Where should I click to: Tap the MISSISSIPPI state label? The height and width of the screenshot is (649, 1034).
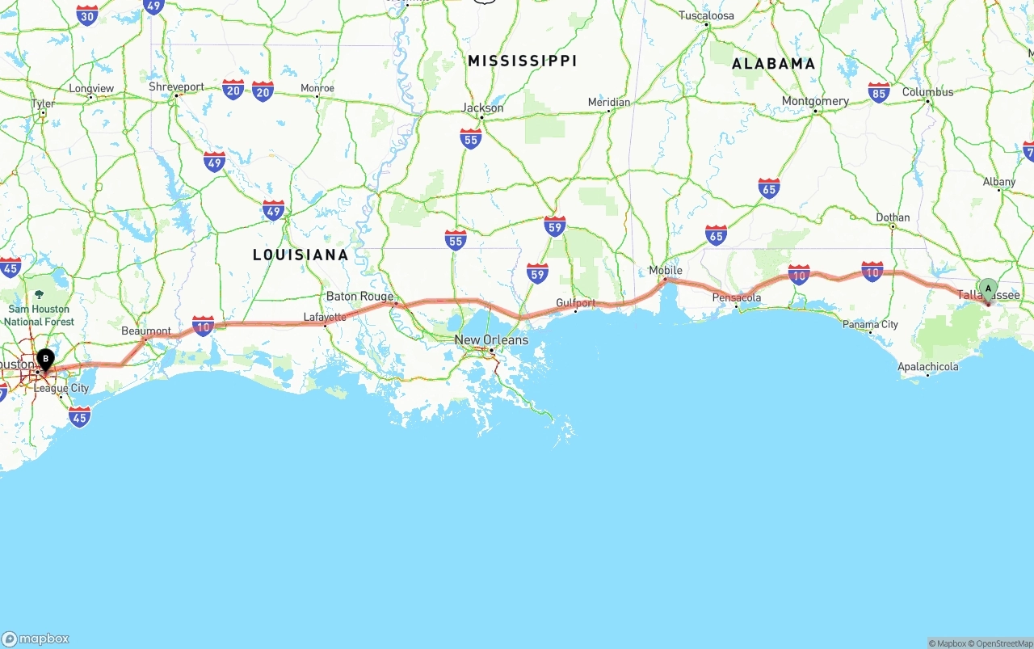click(523, 61)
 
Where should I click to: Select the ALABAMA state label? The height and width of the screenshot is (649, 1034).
click(773, 64)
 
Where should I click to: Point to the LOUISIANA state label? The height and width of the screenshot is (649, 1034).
click(301, 255)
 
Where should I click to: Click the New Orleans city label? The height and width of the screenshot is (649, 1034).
click(491, 339)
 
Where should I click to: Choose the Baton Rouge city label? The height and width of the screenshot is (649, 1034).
click(359, 297)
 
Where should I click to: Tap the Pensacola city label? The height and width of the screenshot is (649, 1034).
click(736, 297)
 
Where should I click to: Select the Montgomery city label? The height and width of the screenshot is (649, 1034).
click(815, 101)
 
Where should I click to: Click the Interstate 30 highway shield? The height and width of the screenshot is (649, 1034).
click(87, 14)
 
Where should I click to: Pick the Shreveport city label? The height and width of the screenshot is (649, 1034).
click(176, 86)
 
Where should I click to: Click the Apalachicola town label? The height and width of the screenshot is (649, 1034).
click(928, 367)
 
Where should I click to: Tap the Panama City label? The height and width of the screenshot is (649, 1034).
click(870, 324)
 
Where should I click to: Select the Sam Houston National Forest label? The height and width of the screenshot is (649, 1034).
click(39, 315)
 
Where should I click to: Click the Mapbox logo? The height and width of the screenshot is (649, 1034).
click(36, 638)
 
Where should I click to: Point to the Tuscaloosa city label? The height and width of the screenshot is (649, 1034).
click(706, 15)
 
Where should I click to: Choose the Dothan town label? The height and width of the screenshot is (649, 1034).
click(893, 217)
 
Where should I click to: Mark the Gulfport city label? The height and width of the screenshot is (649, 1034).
click(575, 303)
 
